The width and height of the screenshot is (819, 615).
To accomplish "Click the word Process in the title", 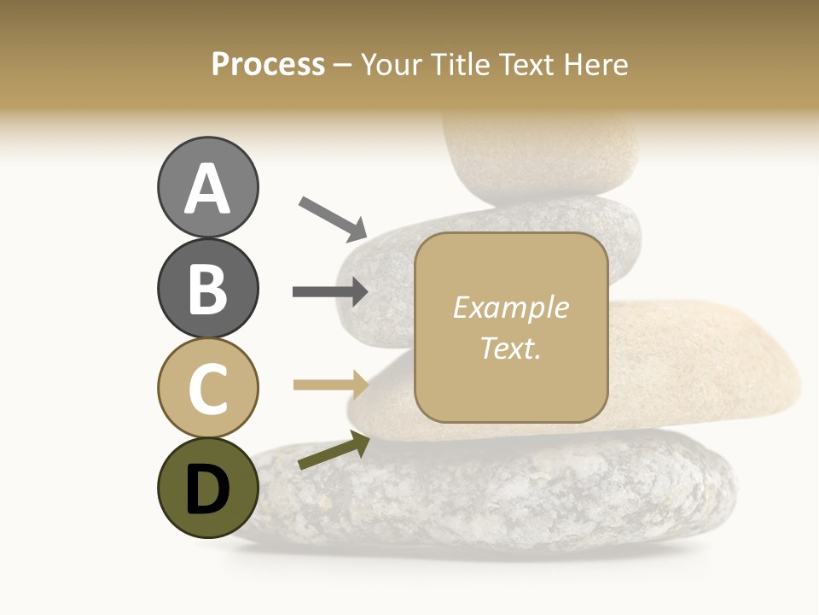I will click(268, 64).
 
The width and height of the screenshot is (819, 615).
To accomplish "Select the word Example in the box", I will click(510, 307).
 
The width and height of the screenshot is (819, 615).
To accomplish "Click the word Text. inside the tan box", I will click(510, 348).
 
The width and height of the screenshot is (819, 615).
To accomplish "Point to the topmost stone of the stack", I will click(542, 154).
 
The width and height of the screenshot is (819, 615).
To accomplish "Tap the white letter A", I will click(207, 190).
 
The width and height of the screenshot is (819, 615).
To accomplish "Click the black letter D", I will click(207, 489).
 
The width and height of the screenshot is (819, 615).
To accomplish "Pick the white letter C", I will click(207, 389).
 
